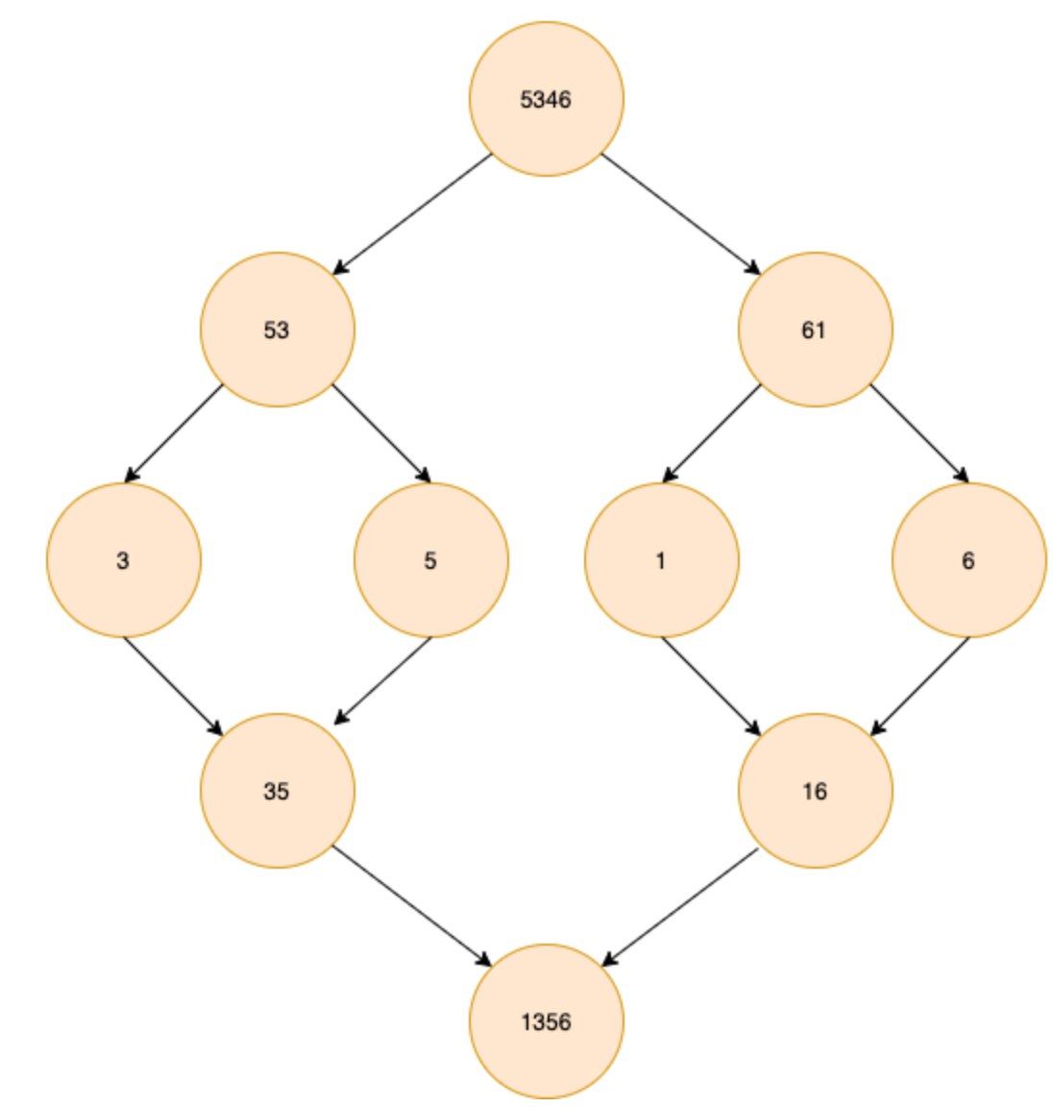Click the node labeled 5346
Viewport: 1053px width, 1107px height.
pyautogui.click(x=546, y=99)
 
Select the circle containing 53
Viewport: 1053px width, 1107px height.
pyautogui.click(x=277, y=330)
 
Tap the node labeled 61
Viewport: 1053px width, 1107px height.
pyautogui.click(x=815, y=330)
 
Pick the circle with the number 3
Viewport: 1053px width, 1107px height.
pyautogui.click(x=123, y=560)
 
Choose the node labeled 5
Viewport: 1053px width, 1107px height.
pyautogui.click(x=430, y=560)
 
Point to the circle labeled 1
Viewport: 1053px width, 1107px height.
pyautogui.click(x=661, y=560)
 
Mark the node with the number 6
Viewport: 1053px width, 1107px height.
pyautogui.click(x=968, y=560)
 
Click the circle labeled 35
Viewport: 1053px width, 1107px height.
pyautogui.click(x=277, y=791)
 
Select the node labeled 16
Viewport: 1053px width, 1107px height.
pyautogui.click(x=815, y=791)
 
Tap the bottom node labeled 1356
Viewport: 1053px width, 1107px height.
pyautogui.click(x=546, y=1021)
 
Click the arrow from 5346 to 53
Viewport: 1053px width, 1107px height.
pyautogui.click(x=412, y=214)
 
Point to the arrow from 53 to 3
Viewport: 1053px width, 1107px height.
pyautogui.click(x=174, y=433)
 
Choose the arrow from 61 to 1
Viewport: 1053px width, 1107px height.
pyautogui.click(x=712, y=433)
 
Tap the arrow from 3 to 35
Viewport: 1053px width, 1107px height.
pyautogui.click(x=173, y=686)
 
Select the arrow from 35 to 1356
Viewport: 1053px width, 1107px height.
pyautogui.click(x=411, y=906)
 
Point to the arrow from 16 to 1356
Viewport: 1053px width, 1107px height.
pyautogui.click(x=680, y=906)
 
